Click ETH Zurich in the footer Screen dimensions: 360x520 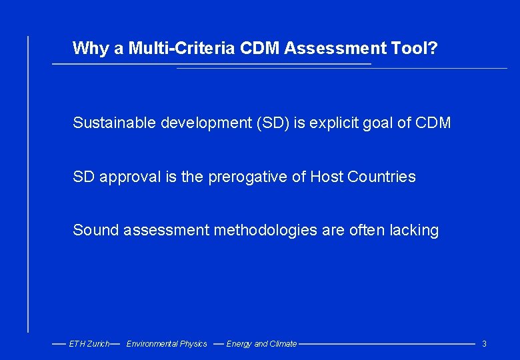point(89,344)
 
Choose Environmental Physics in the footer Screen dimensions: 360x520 point(167,344)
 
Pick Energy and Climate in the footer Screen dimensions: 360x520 point(261,344)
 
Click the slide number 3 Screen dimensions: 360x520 point(484,344)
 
